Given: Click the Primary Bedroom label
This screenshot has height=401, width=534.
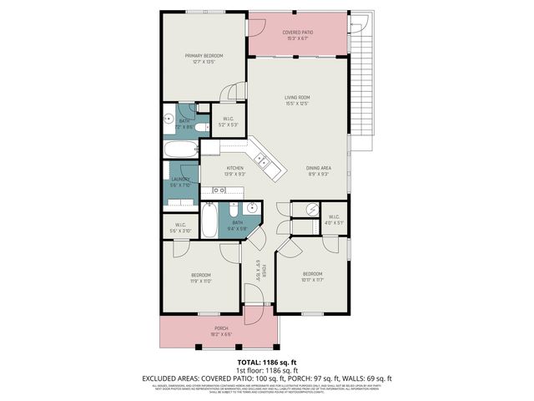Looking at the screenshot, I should (x=204, y=58).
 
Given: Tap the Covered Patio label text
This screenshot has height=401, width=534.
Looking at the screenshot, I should (x=297, y=34).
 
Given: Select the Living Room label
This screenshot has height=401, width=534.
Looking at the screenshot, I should (x=298, y=100).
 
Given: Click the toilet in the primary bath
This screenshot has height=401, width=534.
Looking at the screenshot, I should (x=202, y=128).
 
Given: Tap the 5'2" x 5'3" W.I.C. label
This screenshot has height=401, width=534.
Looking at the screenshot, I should (x=228, y=122).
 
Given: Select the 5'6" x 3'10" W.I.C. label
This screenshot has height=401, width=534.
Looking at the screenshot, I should (x=180, y=226).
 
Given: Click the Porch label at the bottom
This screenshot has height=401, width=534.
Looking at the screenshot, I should (x=221, y=331).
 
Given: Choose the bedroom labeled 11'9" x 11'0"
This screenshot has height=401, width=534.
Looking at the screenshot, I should (x=201, y=278).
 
